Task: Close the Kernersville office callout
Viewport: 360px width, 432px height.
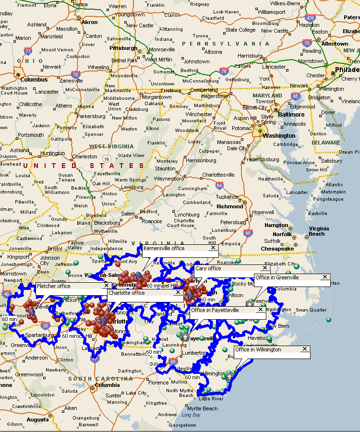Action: [x=213, y=248]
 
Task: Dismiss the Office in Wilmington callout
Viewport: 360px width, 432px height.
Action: [x=305, y=349]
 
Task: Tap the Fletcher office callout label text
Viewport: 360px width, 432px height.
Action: [x=53, y=286]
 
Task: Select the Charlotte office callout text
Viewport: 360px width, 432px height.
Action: [x=127, y=292]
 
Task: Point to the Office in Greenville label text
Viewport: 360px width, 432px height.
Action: [x=277, y=277]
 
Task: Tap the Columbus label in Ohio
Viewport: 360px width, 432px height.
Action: [x=34, y=80]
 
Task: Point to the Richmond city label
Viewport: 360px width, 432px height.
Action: [x=230, y=206]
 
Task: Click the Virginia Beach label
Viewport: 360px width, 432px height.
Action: [x=319, y=231]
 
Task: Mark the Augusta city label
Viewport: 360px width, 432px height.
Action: [x=37, y=420]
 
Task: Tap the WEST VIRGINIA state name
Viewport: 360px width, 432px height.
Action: [x=111, y=146]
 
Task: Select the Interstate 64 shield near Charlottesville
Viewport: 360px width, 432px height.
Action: [x=219, y=185]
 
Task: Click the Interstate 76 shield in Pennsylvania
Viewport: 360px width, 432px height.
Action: [x=224, y=71]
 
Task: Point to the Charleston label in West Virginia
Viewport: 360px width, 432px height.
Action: [x=84, y=156]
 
